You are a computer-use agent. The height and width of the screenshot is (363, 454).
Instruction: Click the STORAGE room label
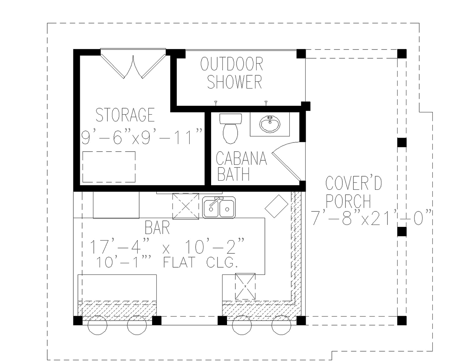click(x=125, y=115)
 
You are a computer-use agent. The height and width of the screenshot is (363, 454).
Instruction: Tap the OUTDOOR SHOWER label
click(x=232, y=73)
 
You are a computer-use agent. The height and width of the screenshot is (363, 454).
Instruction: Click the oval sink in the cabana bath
click(x=269, y=124)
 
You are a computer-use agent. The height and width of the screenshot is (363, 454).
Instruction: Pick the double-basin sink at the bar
click(x=219, y=207)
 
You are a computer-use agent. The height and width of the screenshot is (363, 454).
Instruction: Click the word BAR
click(x=157, y=228)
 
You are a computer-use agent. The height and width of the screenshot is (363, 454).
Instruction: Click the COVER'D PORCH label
click(x=354, y=193)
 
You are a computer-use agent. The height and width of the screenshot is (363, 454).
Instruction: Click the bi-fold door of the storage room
click(x=133, y=64)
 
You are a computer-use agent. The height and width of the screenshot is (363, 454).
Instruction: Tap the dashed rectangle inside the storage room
click(x=109, y=166)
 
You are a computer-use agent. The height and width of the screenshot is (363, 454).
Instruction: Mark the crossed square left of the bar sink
click(x=185, y=206)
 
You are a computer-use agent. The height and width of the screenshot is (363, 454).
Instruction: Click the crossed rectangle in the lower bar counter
click(x=245, y=286)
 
